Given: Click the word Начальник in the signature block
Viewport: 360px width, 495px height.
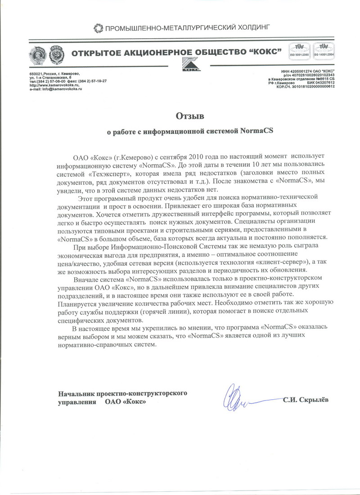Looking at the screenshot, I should coord(77,393).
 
